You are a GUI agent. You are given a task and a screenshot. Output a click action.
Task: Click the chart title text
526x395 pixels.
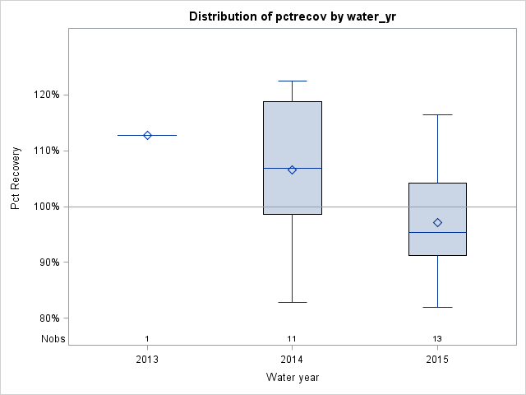point(292,16)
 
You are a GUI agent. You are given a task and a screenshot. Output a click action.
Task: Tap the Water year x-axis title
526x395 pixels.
point(292,377)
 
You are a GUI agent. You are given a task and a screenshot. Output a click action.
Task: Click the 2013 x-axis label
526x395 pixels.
point(147,359)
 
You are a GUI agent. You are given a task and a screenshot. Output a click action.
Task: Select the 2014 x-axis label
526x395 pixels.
point(292,359)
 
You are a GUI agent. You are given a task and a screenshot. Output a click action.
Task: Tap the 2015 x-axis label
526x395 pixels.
point(437,359)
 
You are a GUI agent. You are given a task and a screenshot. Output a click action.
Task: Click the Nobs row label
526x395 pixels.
point(51,339)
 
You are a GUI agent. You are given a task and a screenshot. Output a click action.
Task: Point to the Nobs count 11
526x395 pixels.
point(292,339)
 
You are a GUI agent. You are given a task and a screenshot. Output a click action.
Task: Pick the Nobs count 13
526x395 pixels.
point(437,339)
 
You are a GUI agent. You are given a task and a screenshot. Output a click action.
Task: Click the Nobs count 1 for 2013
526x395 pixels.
point(147,339)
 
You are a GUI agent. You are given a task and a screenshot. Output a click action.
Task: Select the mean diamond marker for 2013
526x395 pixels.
point(147,135)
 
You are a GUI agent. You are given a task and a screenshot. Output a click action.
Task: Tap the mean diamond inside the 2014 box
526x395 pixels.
point(292,170)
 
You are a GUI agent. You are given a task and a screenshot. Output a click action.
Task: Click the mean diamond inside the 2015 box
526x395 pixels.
point(437,222)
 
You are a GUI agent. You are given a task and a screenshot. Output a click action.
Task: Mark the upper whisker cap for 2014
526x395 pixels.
point(292,81)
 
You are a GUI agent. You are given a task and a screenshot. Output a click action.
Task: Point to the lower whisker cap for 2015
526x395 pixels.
point(437,307)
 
